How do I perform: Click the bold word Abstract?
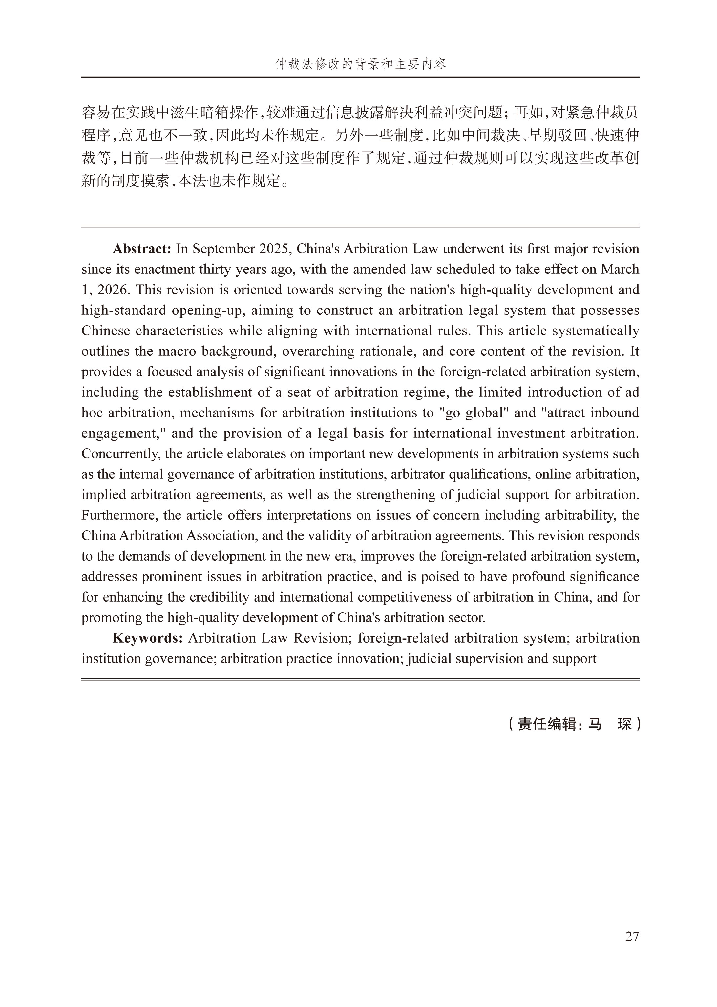click(x=142, y=249)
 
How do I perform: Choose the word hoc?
click(x=92, y=413)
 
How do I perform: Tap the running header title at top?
click(x=360, y=64)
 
